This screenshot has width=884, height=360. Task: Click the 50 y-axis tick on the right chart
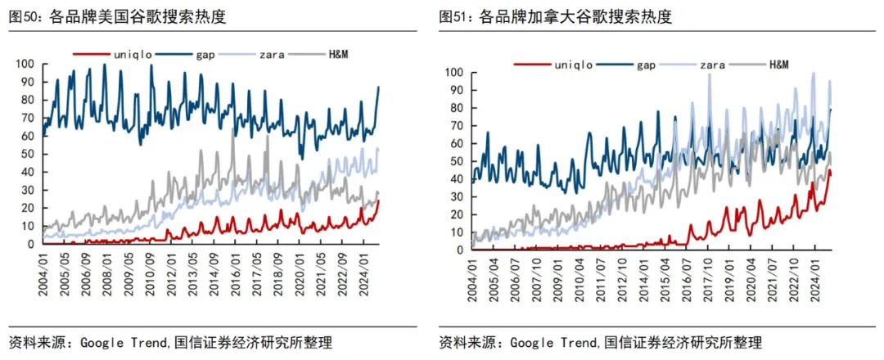[456, 161]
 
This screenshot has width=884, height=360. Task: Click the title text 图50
[24, 17]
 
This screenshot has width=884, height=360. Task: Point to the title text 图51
[455, 17]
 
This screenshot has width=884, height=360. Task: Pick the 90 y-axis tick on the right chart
[456, 90]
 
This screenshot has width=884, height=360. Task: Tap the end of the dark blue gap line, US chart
[379, 87]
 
